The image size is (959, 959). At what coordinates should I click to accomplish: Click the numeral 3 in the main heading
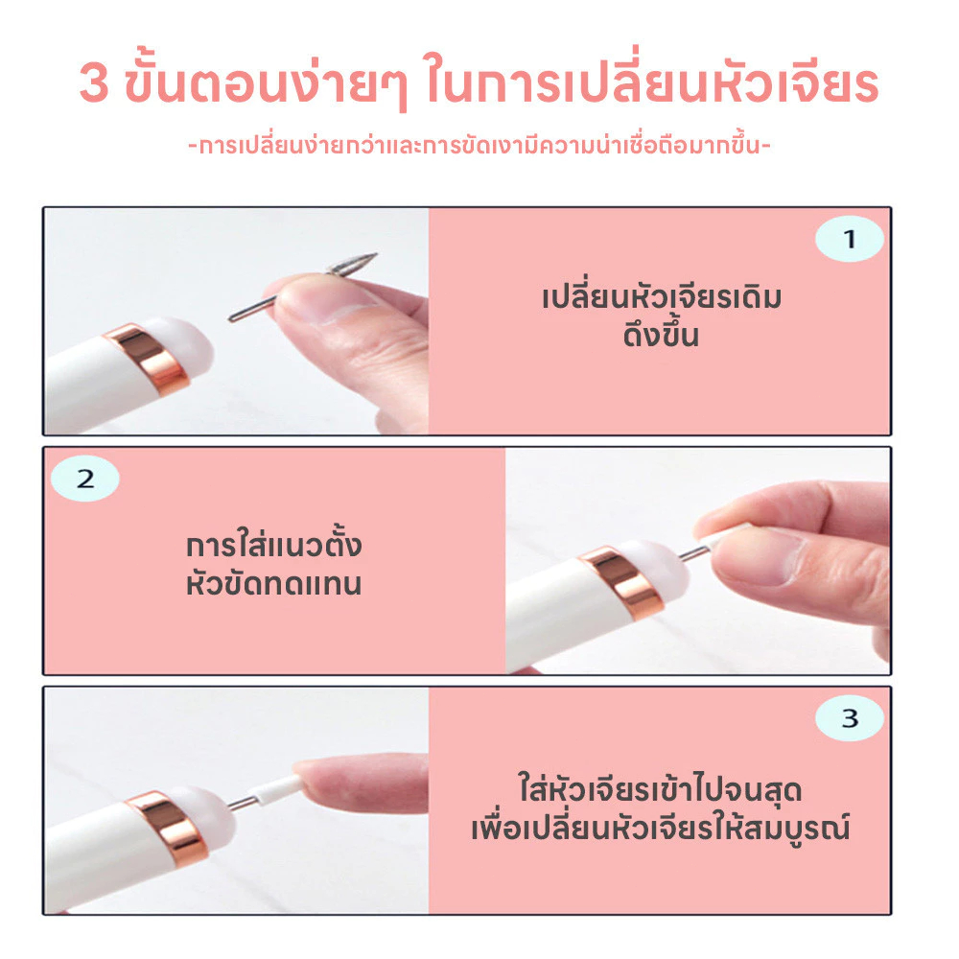click(x=94, y=83)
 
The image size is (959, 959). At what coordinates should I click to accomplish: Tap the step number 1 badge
click(x=849, y=239)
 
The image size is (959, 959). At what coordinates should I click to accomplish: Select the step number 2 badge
click(x=85, y=479)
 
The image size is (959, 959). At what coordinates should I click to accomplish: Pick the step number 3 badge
click(x=849, y=718)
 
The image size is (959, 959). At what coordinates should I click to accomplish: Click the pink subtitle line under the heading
click(x=479, y=146)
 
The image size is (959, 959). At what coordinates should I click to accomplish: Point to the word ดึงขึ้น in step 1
click(x=661, y=335)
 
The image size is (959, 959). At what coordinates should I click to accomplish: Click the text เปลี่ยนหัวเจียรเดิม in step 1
click(x=662, y=297)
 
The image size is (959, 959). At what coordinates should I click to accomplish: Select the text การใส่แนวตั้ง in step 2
click(x=273, y=543)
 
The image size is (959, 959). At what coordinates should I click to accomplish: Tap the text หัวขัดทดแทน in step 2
click(x=273, y=583)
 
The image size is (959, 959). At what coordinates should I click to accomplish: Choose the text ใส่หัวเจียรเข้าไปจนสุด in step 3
click(x=660, y=789)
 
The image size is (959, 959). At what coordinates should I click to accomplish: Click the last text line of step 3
click(x=661, y=829)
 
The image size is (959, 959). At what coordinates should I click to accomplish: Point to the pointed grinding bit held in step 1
click(x=303, y=286)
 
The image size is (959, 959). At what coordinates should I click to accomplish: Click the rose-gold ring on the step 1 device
click(x=146, y=358)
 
